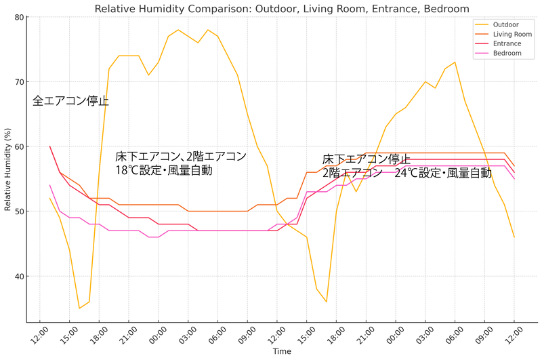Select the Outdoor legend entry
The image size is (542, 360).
(x=505, y=24)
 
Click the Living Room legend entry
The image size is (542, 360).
(x=512, y=34)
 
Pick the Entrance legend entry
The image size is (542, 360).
(x=507, y=43)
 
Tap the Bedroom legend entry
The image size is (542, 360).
(x=507, y=53)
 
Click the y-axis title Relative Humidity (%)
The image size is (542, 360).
(x=7, y=169)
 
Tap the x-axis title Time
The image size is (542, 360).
(x=282, y=352)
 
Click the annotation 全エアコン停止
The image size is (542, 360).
(x=71, y=102)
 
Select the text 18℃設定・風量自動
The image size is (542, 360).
(x=164, y=170)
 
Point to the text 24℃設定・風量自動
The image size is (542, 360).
(x=444, y=173)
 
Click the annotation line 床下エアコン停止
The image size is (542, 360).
(x=366, y=159)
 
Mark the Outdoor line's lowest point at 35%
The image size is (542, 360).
(x=79, y=308)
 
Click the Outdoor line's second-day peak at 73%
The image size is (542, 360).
(x=455, y=62)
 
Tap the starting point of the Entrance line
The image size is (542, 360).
(x=49, y=146)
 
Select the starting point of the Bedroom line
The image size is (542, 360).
(x=49, y=185)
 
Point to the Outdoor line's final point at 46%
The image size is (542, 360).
(x=514, y=237)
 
